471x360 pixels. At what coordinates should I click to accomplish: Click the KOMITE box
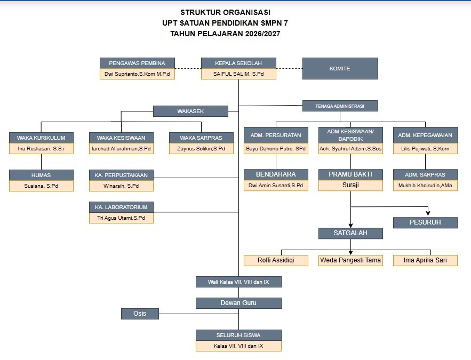(340, 68)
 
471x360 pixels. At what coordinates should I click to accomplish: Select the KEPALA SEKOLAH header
(238, 63)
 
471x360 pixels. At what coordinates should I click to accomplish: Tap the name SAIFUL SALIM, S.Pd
(238, 74)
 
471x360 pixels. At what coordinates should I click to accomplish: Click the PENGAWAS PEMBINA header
(137, 63)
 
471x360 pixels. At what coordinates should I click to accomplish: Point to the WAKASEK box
(190, 111)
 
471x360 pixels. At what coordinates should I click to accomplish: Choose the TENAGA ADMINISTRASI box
(340, 106)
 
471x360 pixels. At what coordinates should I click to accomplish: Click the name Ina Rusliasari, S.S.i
(41, 149)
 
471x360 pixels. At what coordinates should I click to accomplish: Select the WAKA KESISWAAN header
(121, 138)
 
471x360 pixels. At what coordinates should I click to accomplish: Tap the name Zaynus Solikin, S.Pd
(201, 149)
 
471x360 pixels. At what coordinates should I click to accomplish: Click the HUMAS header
(41, 175)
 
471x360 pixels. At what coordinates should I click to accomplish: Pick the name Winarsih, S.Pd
(121, 186)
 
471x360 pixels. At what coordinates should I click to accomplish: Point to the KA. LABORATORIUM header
(121, 207)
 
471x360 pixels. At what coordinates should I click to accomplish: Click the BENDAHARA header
(276, 174)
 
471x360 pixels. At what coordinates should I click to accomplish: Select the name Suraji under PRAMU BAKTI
(350, 186)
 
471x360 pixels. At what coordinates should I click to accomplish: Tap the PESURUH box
(425, 222)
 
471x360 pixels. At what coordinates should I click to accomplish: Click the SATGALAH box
(350, 233)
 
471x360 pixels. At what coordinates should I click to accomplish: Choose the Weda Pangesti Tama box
(350, 260)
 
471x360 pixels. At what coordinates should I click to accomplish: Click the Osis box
(140, 314)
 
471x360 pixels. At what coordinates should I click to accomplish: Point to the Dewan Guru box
(238, 303)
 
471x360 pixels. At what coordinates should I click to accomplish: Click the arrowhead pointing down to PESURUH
(428, 213)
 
